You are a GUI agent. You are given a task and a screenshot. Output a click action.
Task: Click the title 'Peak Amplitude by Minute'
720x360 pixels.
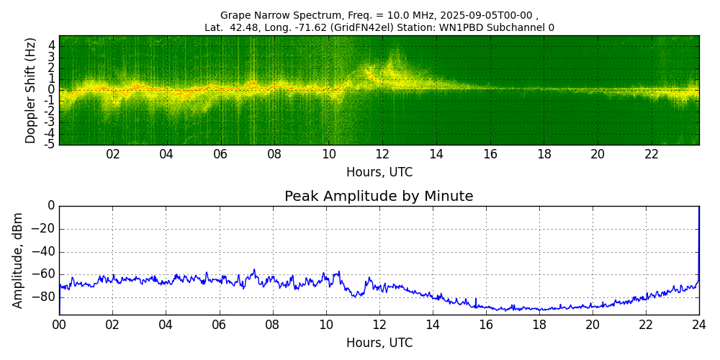[x=379, y=197]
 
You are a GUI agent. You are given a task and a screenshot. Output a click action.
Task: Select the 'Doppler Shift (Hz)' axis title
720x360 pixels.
[x=30, y=91]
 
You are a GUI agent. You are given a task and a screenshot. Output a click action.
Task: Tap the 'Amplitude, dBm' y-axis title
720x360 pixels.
[x=19, y=260]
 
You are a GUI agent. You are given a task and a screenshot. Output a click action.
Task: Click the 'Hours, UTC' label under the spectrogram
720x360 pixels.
[x=379, y=173]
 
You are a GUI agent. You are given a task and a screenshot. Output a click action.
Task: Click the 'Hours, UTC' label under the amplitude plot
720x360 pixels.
[x=379, y=343]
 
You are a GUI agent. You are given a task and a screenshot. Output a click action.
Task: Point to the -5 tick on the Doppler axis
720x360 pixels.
[x=50, y=144]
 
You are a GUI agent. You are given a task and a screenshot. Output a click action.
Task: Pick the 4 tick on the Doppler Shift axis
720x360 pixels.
[x=52, y=45]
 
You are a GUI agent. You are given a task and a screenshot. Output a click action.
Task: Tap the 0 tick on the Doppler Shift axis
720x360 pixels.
[x=52, y=90]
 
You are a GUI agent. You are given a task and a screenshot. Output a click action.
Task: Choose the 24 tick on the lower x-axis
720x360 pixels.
[x=699, y=325]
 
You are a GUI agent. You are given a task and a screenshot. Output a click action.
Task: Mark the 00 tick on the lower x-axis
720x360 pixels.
[x=59, y=325]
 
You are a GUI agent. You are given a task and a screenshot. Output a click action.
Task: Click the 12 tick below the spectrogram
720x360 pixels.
[x=382, y=155]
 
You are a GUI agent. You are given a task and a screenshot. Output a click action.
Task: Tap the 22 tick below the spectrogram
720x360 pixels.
[x=652, y=155]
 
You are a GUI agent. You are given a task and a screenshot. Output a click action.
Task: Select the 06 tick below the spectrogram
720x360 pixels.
[x=220, y=155]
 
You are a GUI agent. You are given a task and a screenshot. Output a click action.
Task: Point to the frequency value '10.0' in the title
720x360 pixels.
[x=395, y=15]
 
